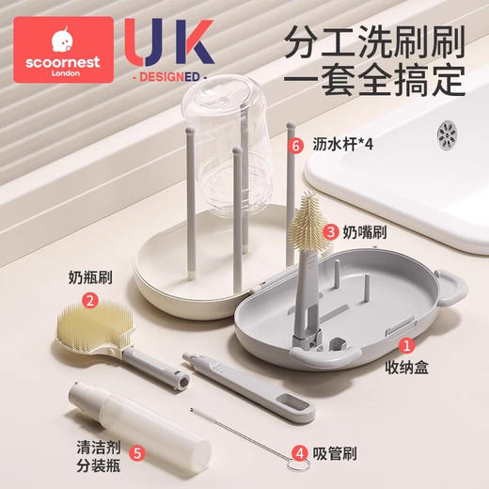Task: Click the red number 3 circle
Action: (331, 231)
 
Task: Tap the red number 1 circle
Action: (407, 349)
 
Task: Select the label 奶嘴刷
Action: (364, 231)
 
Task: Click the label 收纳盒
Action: (407, 370)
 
